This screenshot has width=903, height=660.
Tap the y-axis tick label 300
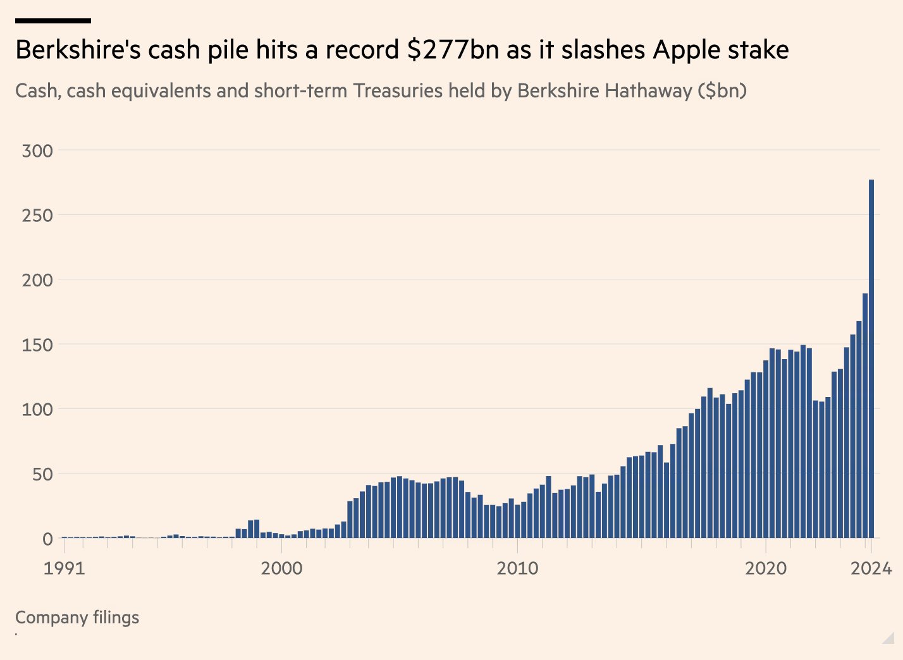[x=37, y=151]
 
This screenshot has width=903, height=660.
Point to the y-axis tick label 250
[x=37, y=216]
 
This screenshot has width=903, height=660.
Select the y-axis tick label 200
[x=37, y=280]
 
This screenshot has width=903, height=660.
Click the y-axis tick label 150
[x=37, y=345]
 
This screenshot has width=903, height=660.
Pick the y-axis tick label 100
[x=37, y=409]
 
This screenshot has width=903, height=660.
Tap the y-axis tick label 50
[x=42, y=474]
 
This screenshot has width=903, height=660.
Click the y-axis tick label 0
[x=47, y=539]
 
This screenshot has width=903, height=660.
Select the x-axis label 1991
[x=64, y=568]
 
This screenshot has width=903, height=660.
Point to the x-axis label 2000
[x=281, y=568]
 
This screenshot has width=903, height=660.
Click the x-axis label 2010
[x=517, y=568]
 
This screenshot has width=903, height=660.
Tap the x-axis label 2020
[x=766, y=568]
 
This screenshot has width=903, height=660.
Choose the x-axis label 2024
[x=871, y=568]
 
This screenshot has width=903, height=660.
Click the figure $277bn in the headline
[x=453, y=50]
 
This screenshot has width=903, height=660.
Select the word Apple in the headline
[x=687, y=50]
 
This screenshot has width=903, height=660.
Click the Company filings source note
[x=77, y=618]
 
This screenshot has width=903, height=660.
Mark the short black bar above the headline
[x=53, y=21]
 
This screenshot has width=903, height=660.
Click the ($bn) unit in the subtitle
[x=722, y=91]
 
